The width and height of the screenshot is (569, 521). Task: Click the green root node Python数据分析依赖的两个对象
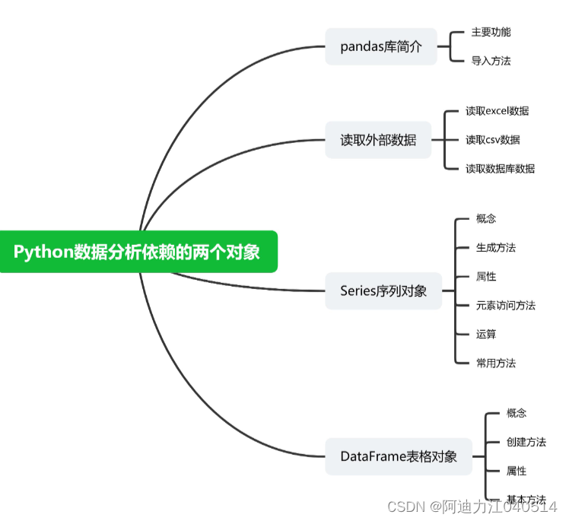137,251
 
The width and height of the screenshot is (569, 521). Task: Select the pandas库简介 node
381,47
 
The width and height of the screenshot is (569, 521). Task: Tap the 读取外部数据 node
378,140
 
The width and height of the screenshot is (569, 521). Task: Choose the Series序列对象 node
383,291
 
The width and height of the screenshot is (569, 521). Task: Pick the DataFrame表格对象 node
399,456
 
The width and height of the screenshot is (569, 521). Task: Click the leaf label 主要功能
491,32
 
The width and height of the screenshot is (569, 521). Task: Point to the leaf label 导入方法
491,61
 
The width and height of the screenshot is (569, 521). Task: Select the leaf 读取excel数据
497,111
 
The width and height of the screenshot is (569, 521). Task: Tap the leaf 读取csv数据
493,140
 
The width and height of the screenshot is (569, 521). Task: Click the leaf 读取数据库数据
500,169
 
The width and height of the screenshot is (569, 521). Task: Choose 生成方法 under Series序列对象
496,248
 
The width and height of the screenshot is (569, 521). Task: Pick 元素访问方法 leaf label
505,306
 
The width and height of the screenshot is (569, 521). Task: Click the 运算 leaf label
486,335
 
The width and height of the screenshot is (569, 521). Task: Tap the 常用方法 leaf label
496,364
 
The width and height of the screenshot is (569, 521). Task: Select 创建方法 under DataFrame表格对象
526,443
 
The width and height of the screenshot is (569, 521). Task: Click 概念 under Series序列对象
486,219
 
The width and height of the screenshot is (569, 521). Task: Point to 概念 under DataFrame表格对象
517,414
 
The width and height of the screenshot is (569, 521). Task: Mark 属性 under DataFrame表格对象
517,472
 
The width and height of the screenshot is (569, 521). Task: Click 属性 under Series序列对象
486,277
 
